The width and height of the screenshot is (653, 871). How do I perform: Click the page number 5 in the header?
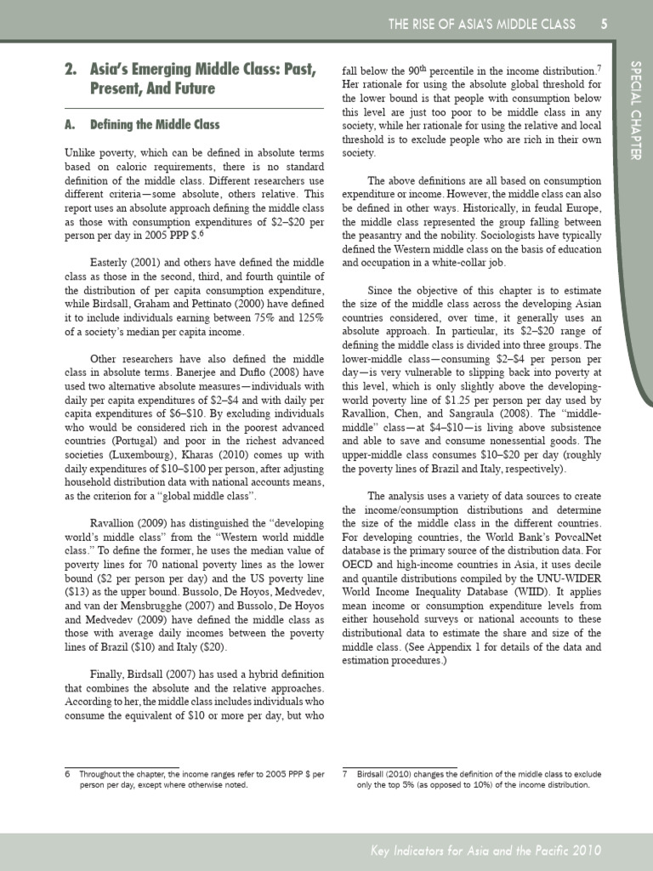point(603,24)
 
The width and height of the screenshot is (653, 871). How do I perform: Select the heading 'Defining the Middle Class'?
point(154,125)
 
